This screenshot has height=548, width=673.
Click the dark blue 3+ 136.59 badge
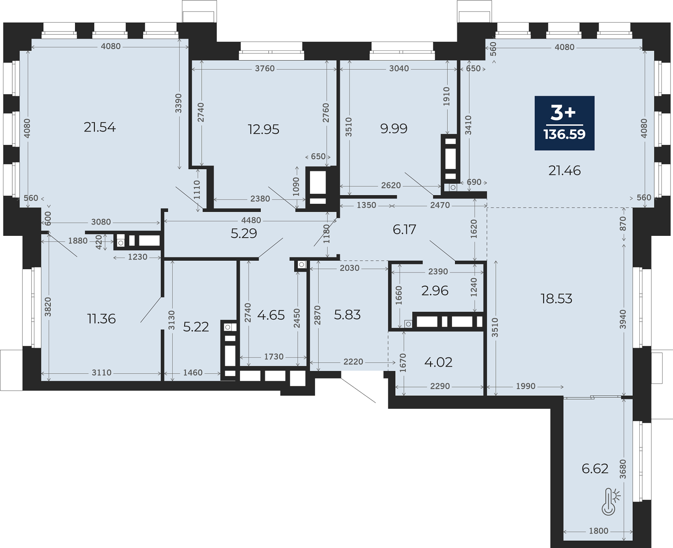coord(564,123)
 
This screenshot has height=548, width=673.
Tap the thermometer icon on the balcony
coord(610,502)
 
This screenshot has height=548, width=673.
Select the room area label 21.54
coord(100,127)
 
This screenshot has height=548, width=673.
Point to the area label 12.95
coord(264,129)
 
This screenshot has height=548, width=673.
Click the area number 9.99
coord(394,129)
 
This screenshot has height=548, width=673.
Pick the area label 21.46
coord(564,171)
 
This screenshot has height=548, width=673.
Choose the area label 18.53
coord(556,299)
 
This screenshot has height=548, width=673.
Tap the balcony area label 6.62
coord(595,468)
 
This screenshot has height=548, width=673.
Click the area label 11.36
coord(101,319)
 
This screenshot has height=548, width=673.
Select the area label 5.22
coord(196,327)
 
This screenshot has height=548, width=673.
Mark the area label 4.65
coord(271,315)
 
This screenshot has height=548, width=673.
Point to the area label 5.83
coord(347,315)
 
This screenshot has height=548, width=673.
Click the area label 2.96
coord(435,290)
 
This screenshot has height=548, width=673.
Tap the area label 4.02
coord(438,362)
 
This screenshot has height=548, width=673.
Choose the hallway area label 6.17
coord(405,230)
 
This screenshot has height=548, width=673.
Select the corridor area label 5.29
coord(244,233)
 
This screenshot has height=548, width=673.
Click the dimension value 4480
coord(251,220)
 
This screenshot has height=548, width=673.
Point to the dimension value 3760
coord(265,68)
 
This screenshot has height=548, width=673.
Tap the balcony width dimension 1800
coord(599,541)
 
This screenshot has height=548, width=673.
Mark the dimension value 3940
coord(623,319)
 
